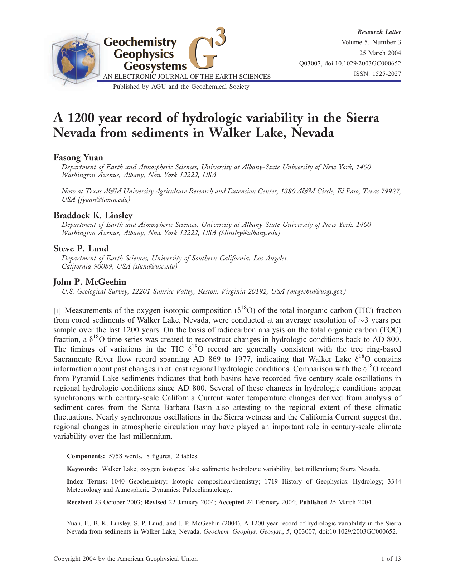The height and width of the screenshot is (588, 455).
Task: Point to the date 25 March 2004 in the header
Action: pyautogui.click(x=380, y=53)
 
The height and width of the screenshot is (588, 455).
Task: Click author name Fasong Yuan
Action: pyautogui.click(x=78, y=157)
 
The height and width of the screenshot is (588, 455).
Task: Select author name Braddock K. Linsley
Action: pyautogui.click(x=93, y=215)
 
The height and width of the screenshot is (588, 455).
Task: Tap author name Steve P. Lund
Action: pyautogui.click(x=81, y=249)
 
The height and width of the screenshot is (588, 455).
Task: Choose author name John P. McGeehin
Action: pyautogui.click(x=89, y=282)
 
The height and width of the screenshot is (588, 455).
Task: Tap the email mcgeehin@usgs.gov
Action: pyautogui.click(x=316, y=291)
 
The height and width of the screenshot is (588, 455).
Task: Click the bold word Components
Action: pyautogui.click(x=86, y=456)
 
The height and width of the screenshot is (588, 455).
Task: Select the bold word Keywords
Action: pyautogui.click(x=82, y=469)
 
